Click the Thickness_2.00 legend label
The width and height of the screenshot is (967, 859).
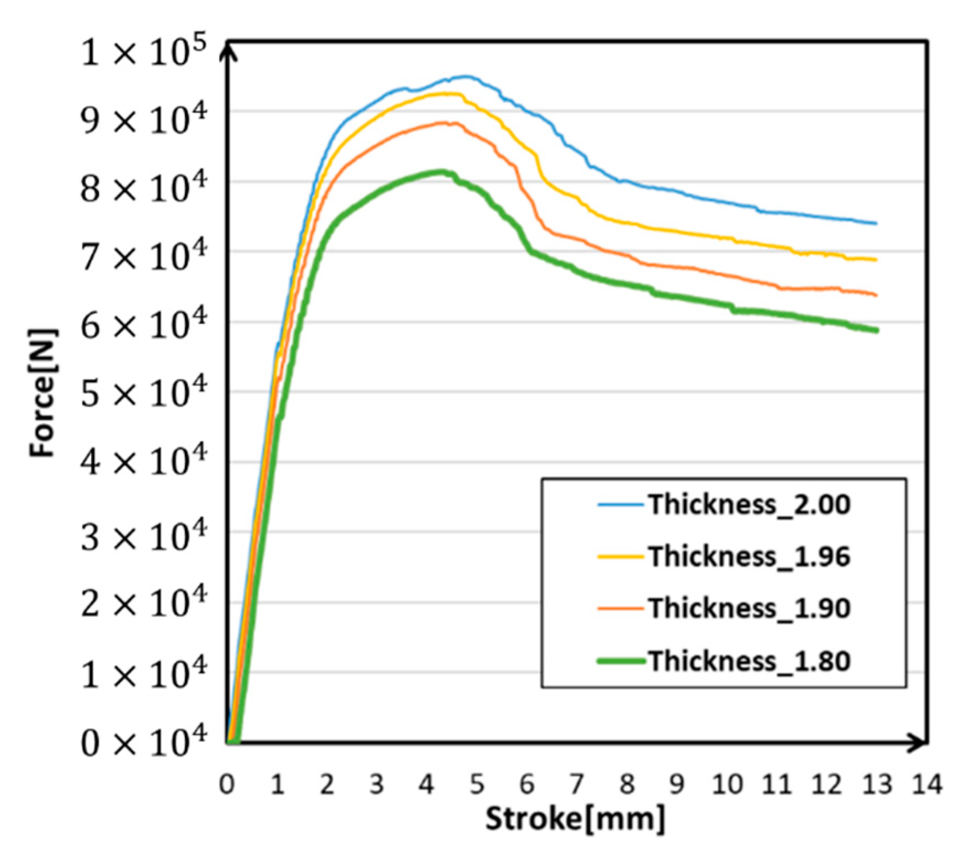(x=749, y=504)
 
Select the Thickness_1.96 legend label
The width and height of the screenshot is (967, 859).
(x=749, y=556)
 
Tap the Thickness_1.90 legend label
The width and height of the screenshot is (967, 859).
(x=749, y=608)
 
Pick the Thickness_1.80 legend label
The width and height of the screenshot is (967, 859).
(x=749, y=661)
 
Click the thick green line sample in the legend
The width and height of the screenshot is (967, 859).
(x=621, y=661)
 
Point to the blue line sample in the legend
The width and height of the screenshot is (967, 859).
(x=621, y=504)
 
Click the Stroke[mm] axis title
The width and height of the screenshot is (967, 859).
(x=575, y=819)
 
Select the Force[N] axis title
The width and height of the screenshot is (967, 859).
(x=43, y=393)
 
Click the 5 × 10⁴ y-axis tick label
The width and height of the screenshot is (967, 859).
(x=143, y=392)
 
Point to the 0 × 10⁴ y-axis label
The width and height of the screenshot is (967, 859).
(x=143, y=742)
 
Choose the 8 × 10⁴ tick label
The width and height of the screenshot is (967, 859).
(x=143, y=188)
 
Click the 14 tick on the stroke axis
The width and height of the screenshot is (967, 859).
(x=927, y=784)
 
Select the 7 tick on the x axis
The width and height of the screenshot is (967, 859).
(x=577, y=784)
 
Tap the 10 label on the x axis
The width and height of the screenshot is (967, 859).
(x=726, y=784)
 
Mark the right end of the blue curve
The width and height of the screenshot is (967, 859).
(x=876, y=224)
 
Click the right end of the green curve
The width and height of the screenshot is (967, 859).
(x=876, y=330)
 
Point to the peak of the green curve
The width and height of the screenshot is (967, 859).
(x=442, y=171)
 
